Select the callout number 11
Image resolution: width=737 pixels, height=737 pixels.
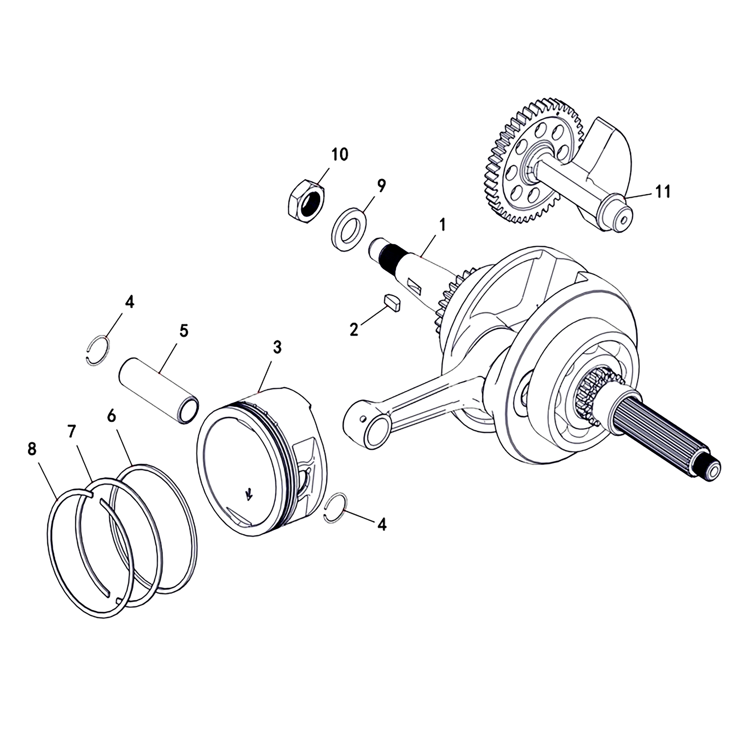tap(663, 192)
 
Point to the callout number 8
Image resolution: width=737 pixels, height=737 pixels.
tap(32, 449)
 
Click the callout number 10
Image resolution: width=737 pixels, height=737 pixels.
tap(340, 155)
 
